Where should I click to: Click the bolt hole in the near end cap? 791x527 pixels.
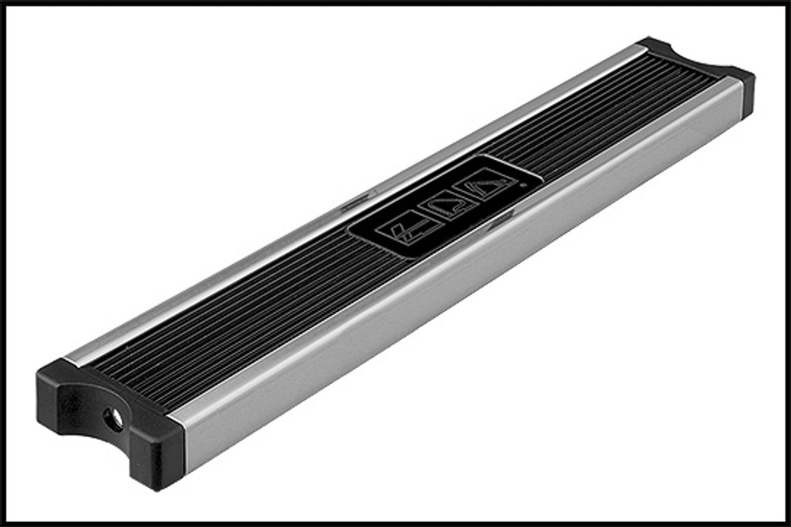(114, 419)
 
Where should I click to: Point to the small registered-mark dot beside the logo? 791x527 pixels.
(522, 184)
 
